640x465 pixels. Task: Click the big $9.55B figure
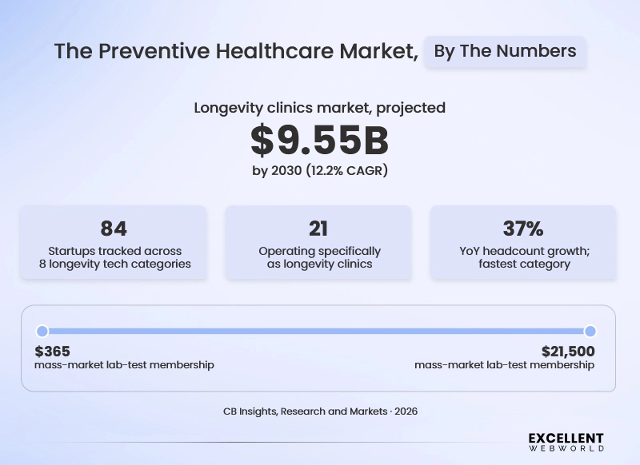(319, 140)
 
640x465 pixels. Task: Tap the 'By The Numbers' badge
(506, 51)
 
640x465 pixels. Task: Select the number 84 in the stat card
(114, 229)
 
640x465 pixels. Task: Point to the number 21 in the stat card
(318, 229)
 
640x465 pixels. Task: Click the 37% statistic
(523, 229)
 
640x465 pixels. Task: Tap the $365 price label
(52, 351)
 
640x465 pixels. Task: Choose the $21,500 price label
(568, 351)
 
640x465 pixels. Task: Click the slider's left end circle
(42, 332)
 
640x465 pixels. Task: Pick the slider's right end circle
(590, 332)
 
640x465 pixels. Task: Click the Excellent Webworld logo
(566, 442)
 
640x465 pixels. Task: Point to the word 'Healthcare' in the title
(274, 51)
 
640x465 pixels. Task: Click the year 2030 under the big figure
(286, 170)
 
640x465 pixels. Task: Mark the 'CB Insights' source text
(250, 411)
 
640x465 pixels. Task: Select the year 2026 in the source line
(406, 411)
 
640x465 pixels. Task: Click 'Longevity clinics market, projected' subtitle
(319, 108)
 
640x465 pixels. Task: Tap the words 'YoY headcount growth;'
(525, 251)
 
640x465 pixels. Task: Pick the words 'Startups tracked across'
(114, 251)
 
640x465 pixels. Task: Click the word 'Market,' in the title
(379, 52)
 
